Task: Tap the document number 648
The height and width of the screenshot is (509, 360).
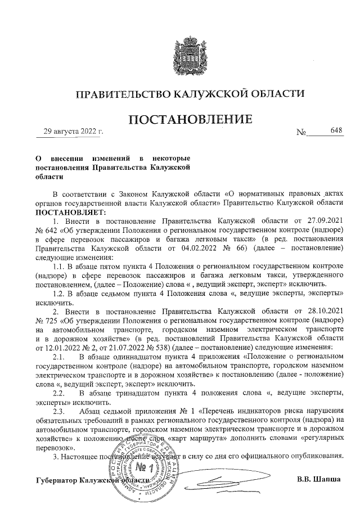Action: (x=336, y=131)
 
